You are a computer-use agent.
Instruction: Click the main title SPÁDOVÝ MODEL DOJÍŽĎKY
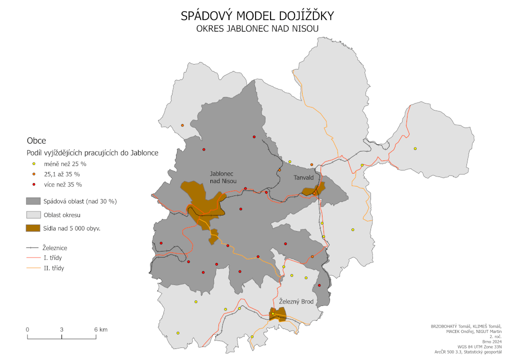click(x=257, y=16)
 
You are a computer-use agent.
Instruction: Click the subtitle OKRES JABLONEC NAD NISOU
click(x=257, y=28)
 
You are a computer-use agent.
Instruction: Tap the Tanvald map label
click(x=303, y=177)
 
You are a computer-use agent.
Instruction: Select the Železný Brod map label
click(x=296, y=301)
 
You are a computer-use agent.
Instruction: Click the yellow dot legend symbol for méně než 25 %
click(x=33, y=163)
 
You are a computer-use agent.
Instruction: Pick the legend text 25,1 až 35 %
click(x=62, y=174)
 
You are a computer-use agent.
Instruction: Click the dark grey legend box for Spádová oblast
click(x=33, y=201)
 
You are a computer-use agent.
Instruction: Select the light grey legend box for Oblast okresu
click(x=33, y=215)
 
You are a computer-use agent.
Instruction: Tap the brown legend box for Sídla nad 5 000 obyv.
click(x=33, y=228)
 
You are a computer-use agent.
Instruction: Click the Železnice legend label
click(x=55, y=247)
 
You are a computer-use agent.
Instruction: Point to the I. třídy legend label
click(x=53, y=257)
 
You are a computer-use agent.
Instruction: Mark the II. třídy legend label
click(x=54, y=268)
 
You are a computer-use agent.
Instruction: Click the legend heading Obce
click(x=36, y=141)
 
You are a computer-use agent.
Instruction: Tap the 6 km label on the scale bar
click(x=100, y=329)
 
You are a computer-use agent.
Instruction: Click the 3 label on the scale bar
click(x=61, y=329)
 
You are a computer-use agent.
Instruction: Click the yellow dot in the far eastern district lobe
click(x=415, y=148)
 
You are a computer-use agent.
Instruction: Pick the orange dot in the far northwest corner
click(x=182, y=125)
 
